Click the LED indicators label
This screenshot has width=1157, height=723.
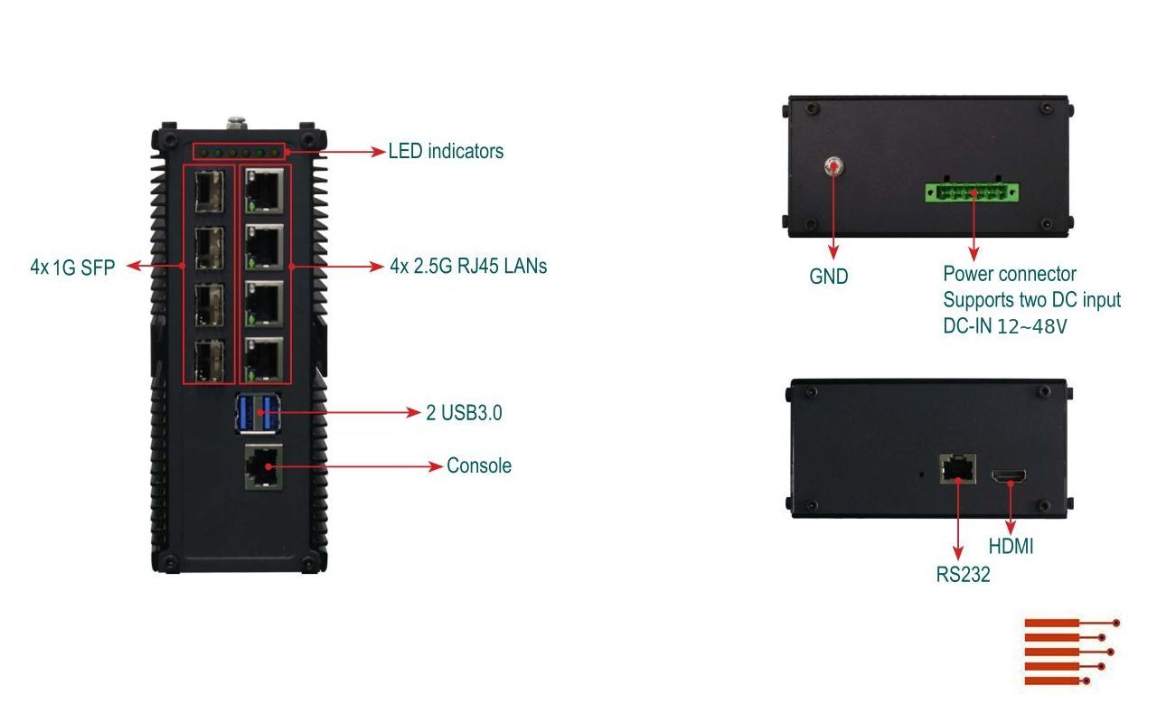446,151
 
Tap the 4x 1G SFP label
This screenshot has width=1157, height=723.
72,267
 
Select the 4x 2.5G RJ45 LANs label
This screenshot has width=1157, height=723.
468,266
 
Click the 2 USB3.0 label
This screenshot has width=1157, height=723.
464,413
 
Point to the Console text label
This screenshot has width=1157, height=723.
479,466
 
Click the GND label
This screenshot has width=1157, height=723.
829,277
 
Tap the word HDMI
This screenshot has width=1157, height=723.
1011,547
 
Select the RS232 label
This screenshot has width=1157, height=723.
964,574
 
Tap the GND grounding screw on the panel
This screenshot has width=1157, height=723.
833,166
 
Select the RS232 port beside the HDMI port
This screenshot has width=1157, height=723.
956,468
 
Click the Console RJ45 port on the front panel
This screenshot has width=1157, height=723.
263,466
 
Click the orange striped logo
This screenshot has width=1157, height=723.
1071,652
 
